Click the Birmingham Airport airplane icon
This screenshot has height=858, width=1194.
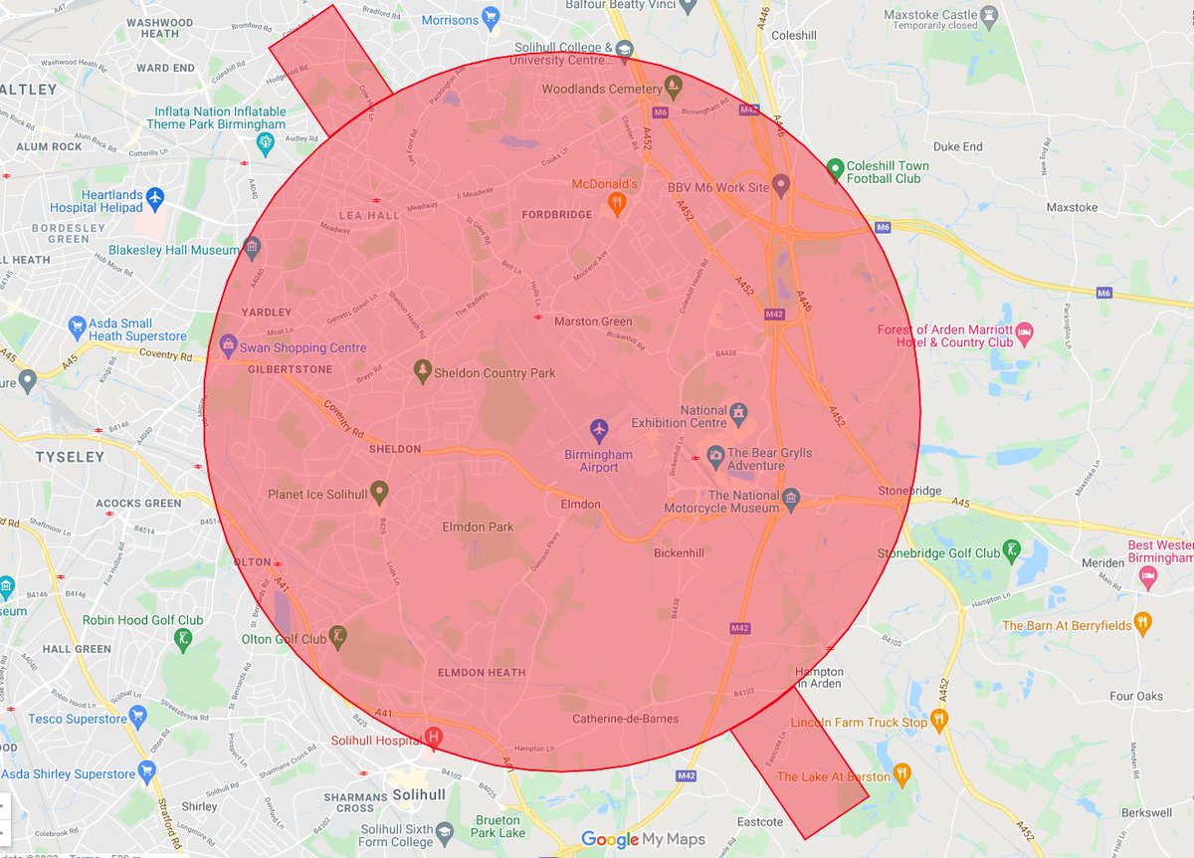click(598, 430)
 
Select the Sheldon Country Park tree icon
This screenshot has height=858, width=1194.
click(423, 371)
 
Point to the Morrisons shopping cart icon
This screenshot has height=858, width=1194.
click(491, 18)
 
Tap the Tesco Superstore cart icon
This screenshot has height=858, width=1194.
click(138, 717)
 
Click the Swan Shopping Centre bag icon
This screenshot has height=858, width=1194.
click(228, 346)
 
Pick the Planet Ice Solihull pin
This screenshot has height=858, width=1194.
click(378, 491)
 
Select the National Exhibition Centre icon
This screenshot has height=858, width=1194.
click(738, 412)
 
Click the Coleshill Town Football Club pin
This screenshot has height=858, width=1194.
click(836, 169)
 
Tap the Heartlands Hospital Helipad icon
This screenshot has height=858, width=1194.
click(154, 197)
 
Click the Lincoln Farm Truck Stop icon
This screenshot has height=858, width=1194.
click(938, 719)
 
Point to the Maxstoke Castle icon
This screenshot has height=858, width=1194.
click(989, 16)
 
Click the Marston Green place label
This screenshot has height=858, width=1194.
click(593, 322)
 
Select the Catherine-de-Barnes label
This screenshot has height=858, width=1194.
click(626, 719)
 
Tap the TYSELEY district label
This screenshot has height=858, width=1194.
click(70, 457)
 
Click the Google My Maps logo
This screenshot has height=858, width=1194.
click(643, 840)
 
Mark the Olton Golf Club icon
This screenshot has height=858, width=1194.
click(339, 636)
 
